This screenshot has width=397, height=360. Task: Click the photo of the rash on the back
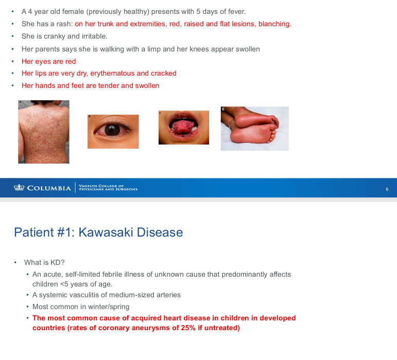[44, 132]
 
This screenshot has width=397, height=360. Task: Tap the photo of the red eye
[113, 132]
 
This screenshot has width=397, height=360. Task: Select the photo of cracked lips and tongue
[184, 128]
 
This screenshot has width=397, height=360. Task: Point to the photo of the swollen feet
[254, 129]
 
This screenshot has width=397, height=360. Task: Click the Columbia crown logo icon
[19, 188]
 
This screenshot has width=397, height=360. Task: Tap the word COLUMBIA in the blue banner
[49, 188]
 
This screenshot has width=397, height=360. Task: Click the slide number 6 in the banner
[387, 189]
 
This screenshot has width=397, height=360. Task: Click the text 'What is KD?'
[44, 262]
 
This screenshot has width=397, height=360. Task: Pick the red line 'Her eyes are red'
[48, 61]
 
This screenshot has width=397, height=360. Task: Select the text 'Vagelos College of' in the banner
[101, 186]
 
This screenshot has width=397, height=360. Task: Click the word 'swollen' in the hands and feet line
[146, 85]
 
